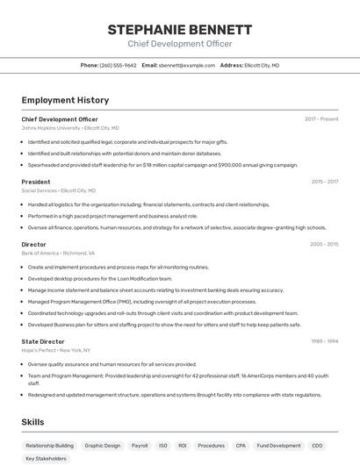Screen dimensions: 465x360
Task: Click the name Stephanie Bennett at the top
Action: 179,29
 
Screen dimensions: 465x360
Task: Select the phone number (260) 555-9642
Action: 118,65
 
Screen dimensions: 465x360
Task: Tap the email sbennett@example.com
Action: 187,65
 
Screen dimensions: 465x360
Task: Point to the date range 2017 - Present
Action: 321,119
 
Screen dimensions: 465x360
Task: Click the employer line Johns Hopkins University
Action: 70,128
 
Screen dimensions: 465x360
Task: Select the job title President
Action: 36,182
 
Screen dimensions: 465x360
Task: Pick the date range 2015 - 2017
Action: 324,182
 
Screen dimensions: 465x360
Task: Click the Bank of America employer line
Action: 58,253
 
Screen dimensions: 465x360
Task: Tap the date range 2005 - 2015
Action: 324,244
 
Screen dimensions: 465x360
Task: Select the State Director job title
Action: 43,341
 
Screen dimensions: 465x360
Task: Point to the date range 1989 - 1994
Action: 324,341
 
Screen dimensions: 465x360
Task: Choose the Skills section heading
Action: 33,422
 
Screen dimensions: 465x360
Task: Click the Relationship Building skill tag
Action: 49,446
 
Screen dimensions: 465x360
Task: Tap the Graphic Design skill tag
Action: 103,446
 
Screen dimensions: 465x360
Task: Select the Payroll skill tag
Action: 140,446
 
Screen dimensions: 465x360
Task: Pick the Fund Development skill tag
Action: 279,446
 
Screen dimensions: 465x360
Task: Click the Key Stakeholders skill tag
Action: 46,458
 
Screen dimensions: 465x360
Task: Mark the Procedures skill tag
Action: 211,446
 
